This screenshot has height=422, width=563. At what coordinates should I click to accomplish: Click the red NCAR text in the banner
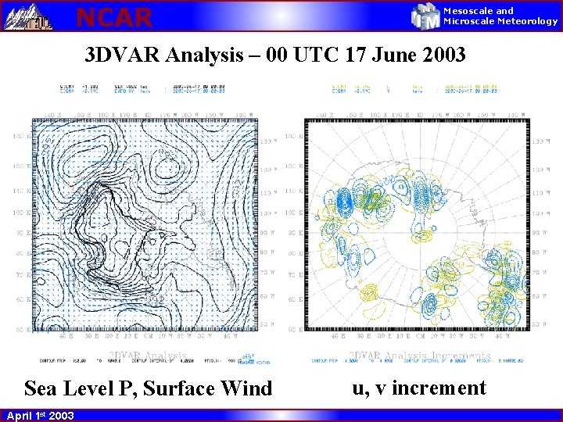point(114,16)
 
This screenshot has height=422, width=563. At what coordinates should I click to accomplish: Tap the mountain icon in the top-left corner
point(27,16)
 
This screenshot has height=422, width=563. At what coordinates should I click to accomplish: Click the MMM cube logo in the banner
point(425,16)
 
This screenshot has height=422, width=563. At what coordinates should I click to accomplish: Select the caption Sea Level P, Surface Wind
point(149,388)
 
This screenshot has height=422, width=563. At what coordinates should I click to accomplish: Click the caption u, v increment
point(419,388)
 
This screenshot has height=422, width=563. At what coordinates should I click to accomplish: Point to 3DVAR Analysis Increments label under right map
point(419,356)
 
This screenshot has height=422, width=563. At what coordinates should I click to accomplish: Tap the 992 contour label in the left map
point(156,299)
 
